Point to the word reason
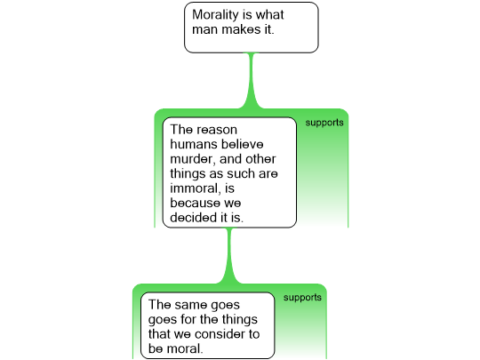point(217,130)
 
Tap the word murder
point(192,159)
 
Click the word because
point(195,203)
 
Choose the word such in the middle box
point(240,173)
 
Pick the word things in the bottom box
point(240,320)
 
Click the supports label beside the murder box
point(324,123)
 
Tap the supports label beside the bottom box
point(302,298)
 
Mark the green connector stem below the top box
point(252,81)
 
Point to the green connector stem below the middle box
point(229,256)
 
